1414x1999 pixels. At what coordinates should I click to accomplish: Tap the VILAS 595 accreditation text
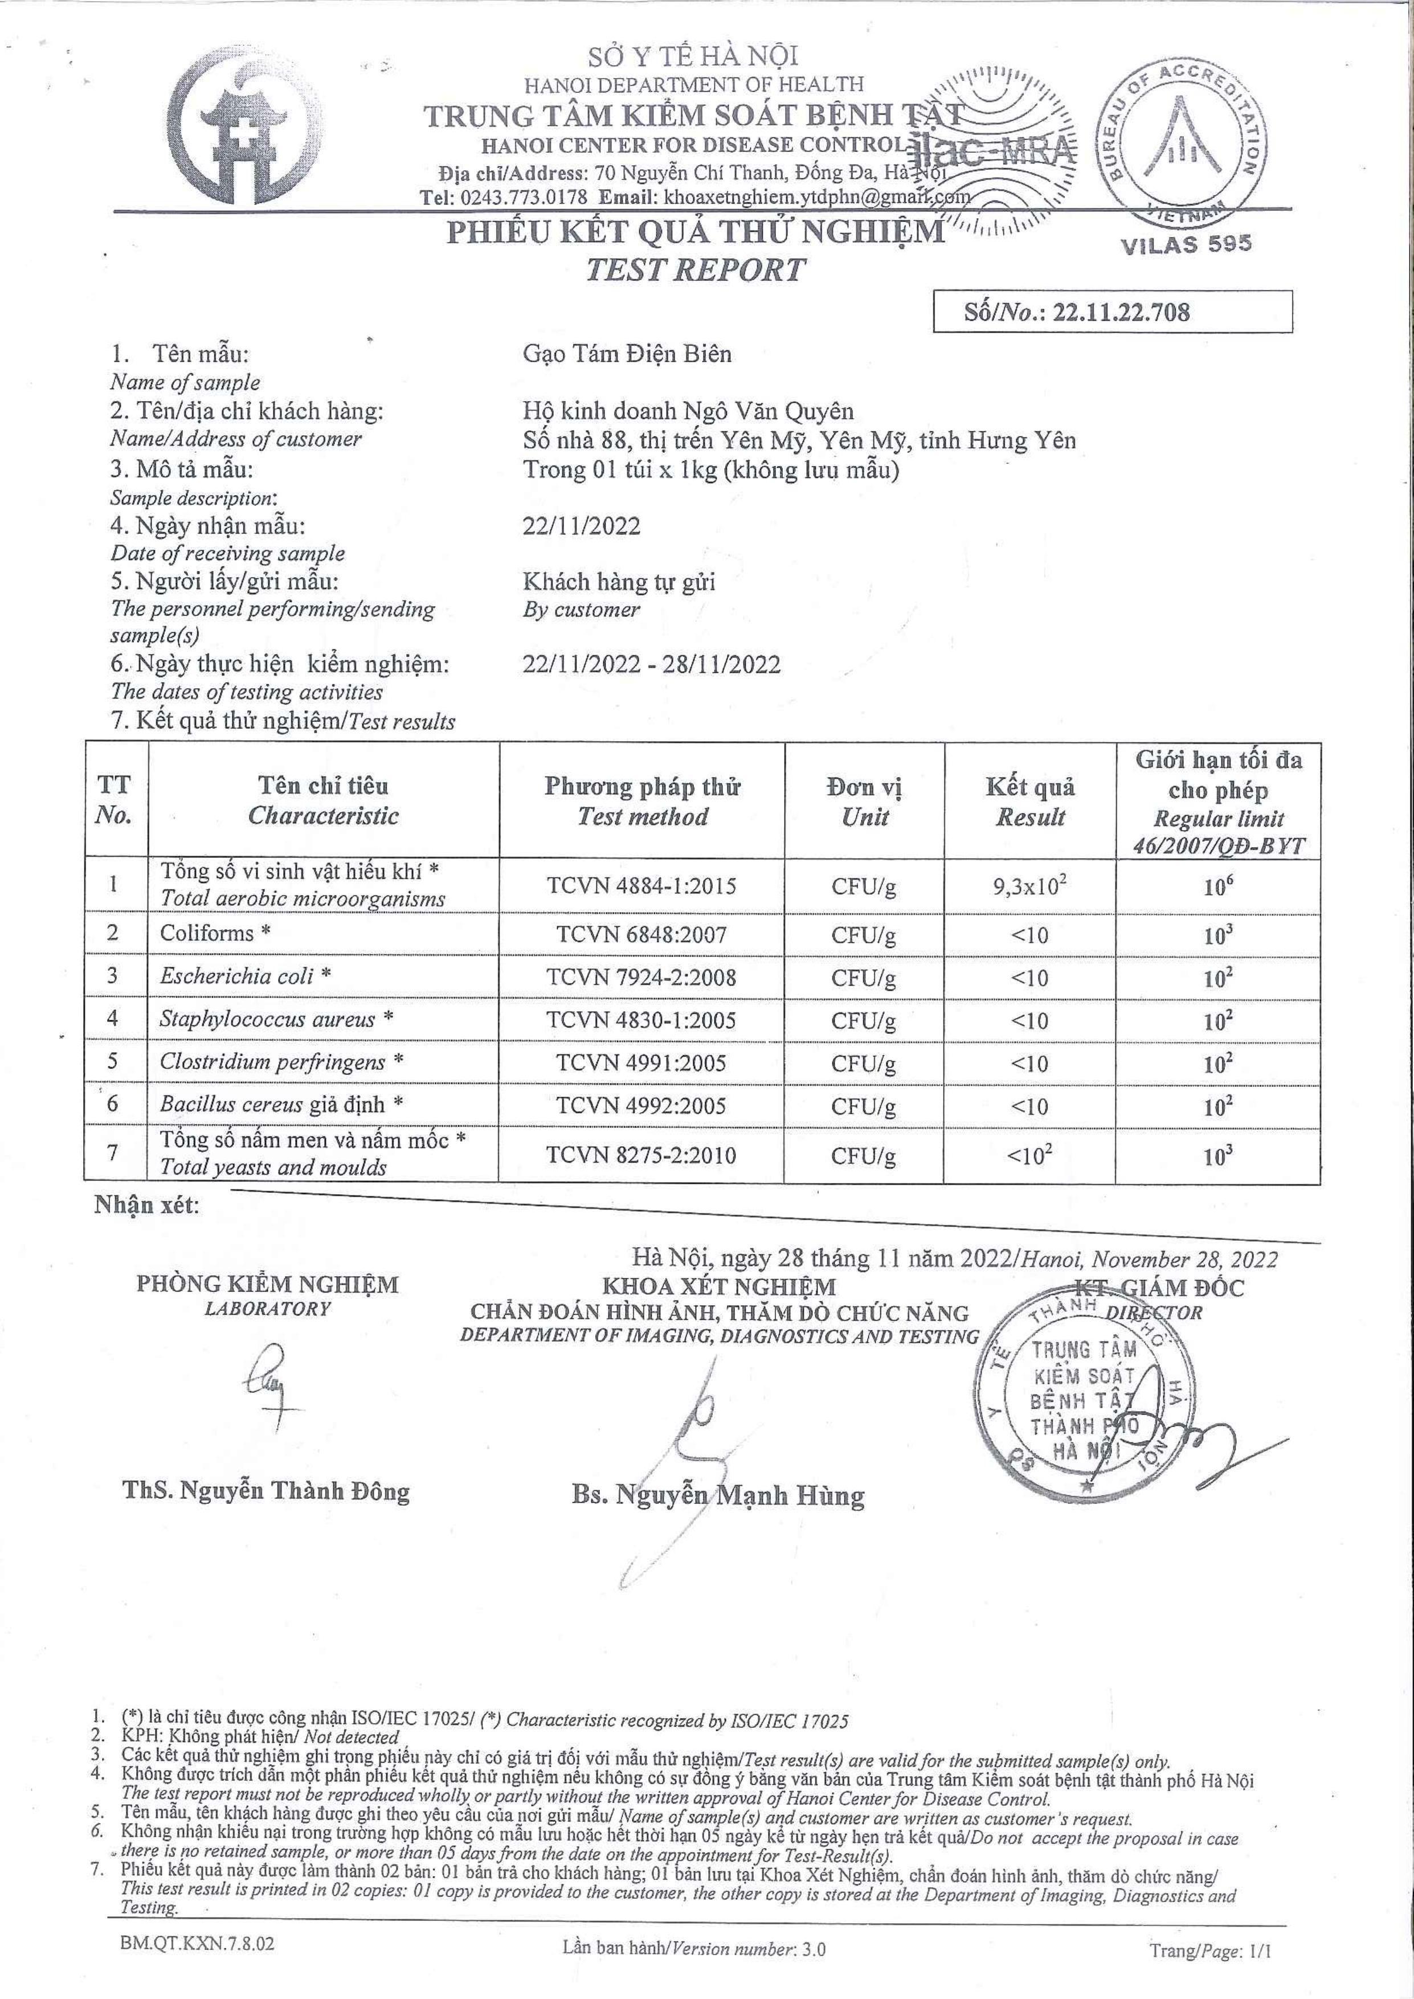click(x=1186, y=244)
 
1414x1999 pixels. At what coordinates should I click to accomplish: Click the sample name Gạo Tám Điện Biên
click(x=627, y=353)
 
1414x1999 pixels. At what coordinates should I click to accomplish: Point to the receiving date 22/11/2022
click(x=582, y=526)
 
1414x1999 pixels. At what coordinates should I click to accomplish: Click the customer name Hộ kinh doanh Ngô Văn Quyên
click(x=688, y=411)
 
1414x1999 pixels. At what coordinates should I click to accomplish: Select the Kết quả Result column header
click(x=1030, y=801)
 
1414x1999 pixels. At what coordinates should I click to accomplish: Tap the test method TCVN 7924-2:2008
click(x=641, y=977)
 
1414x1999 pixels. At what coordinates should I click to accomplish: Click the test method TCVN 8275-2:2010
click(x=641, y=1155)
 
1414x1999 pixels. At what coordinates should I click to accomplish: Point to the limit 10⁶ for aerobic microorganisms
click(x=1217, y=887)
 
